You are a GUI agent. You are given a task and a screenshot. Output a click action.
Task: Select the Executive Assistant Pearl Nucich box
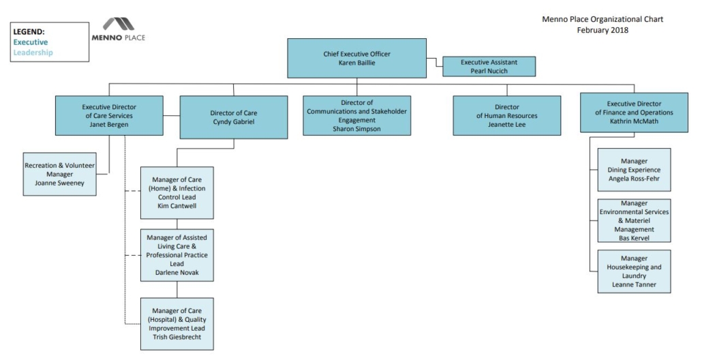click(x=489, y=66)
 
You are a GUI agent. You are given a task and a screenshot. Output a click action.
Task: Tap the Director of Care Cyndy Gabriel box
click(x=233, y=117)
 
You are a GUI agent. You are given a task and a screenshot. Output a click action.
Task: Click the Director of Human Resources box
click(x=506, y=115)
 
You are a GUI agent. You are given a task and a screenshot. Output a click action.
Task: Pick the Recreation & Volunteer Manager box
click(x=59, y=174)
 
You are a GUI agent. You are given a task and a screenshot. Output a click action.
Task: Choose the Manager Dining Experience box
click(x=634, y=170)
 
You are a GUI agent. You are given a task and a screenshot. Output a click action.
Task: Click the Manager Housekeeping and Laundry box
click(x=634, y=271)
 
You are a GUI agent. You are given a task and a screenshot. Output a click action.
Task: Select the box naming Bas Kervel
click(x=634, y=220)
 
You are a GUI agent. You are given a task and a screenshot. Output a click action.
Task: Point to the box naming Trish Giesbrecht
click(x=177, y=324)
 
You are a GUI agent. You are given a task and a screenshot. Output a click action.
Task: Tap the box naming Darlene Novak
click(x=177, y=256)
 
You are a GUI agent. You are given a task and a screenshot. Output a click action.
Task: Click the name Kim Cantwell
click(x=177, y=205)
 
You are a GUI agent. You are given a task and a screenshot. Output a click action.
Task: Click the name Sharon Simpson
click(x=356, y=128)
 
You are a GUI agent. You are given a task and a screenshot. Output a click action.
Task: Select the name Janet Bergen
click(x=109, y=124)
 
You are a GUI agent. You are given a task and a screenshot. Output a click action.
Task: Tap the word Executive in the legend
click(x=31, y=42)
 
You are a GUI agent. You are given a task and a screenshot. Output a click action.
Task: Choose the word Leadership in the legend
click(x=33, y=52)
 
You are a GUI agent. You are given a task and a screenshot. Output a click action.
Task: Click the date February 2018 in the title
click(x=602, y=30)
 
